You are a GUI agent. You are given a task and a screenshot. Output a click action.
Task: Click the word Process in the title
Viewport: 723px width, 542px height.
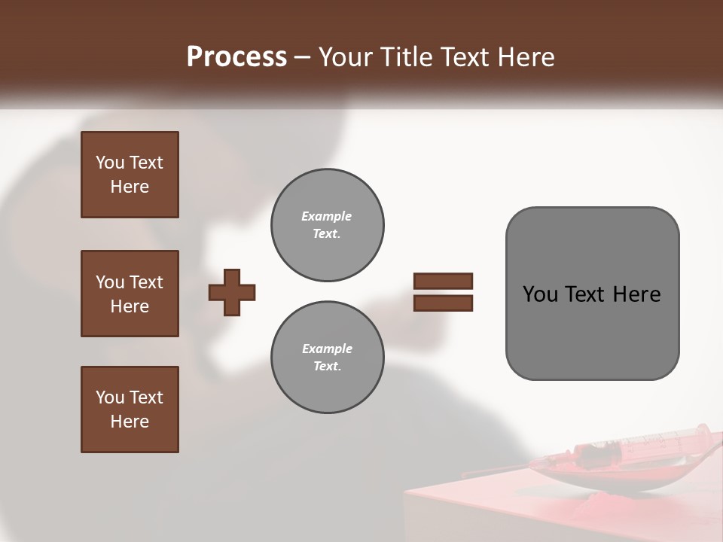coord(236,57)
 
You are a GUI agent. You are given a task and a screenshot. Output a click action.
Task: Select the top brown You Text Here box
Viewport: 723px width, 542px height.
coord(130,175)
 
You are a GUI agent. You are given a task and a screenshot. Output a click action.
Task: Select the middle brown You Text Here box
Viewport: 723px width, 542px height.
coord(130,294)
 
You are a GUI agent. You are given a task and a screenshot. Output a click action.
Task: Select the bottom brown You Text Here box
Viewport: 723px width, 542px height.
coord(130,409)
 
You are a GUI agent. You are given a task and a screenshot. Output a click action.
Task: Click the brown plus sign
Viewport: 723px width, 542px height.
coord(232,291)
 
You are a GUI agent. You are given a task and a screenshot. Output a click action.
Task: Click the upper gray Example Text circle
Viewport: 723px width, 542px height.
coord(327,225)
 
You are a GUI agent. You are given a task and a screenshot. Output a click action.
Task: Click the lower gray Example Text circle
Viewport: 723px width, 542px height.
coord(327,358)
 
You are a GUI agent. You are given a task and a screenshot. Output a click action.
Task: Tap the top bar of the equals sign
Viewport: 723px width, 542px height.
coord(443,281)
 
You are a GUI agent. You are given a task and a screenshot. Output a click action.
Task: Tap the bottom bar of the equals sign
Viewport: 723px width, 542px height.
coord(443,303)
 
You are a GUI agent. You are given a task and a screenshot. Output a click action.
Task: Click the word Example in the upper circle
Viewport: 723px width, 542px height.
coord(326,216)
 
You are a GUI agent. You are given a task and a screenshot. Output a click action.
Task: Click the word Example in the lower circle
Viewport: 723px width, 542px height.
coord(326,349)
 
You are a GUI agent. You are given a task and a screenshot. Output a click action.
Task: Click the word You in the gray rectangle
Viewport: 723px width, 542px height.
coord(539,294)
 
